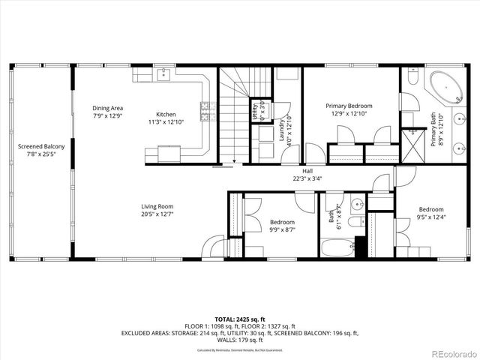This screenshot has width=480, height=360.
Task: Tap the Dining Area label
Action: [108, 112]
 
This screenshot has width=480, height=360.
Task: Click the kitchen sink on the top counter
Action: [163, 75]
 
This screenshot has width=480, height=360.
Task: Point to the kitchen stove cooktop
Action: [204, 113]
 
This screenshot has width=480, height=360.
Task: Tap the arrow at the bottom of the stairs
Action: [234, 159]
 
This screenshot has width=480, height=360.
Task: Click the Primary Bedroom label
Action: [349, 111]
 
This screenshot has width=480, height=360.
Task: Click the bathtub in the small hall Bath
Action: [337, 247]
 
